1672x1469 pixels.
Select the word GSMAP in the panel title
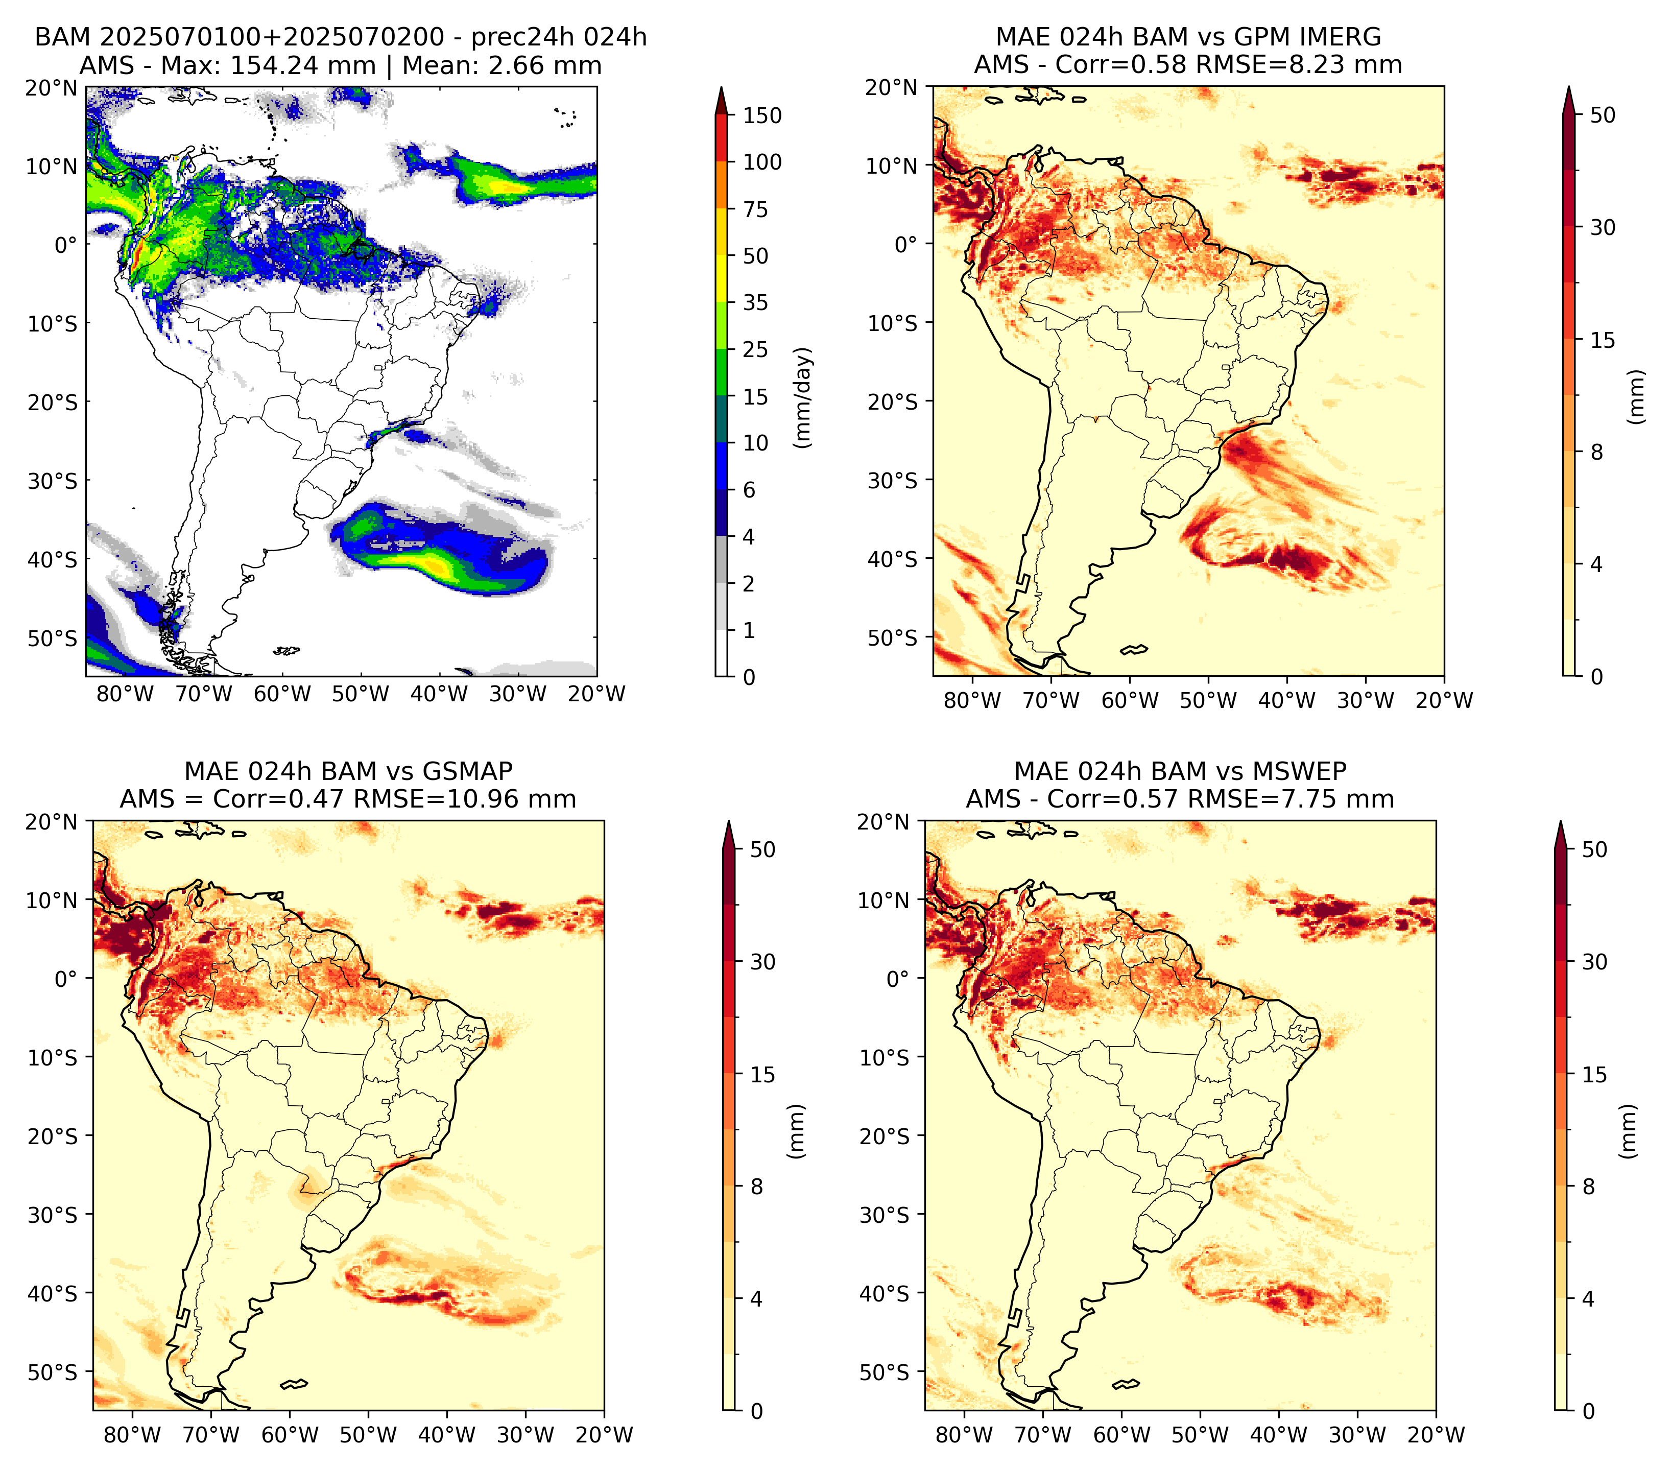point(468,771)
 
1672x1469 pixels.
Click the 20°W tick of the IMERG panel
point(1444,700)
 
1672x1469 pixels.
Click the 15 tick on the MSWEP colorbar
point(1594,1075)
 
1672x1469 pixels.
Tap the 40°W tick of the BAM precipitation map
point(439,694)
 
